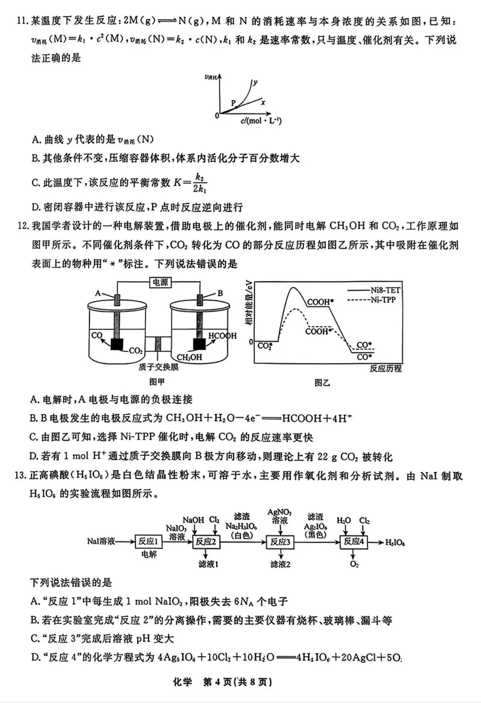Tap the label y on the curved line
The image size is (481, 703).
click(255, 82)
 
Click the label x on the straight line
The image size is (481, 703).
click(263, 103)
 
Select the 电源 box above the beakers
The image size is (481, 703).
click(160, 283)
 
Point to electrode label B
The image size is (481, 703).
click(220, 293)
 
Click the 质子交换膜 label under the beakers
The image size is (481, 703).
click(158, 367)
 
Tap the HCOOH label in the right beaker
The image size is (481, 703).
click(222, 336)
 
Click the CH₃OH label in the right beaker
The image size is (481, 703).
click(189, 357)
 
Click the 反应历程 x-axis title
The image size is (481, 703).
click(385, 368)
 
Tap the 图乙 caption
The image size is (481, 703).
click(322, 382)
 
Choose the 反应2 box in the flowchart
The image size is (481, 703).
click(206, 541)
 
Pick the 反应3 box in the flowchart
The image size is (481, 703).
click(280, 541)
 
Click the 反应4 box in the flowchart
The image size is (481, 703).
click(354, 541)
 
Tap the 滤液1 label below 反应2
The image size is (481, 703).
click(208, 564)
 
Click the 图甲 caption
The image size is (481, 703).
click(157, 382)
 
